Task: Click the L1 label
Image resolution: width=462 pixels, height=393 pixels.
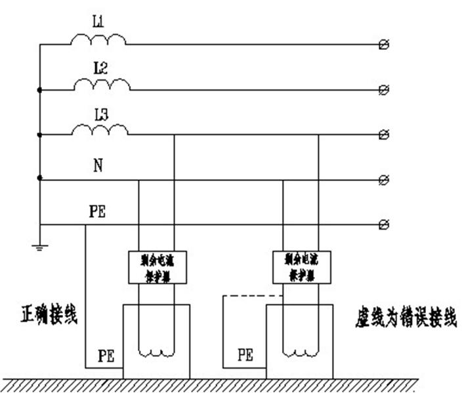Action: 98,22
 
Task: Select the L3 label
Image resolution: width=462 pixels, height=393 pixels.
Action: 100,113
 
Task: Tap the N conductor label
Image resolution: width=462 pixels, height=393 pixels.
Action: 98,165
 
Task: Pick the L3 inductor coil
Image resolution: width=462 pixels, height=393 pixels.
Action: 100,131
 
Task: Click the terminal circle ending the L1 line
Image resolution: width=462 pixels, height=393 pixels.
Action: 385,45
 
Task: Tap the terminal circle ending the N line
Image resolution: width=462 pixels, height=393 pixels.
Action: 385,179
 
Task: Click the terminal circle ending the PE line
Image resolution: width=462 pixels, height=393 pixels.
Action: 385,225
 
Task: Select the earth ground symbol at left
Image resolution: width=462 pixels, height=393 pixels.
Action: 40,247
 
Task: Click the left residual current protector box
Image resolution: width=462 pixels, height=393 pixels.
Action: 157,266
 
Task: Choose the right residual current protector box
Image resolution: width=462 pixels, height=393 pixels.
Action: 302,266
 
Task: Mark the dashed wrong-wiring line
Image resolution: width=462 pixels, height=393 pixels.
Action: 252,297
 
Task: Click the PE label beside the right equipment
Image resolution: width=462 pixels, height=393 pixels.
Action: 245,355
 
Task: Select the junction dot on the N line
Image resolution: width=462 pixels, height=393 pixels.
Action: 40,178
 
